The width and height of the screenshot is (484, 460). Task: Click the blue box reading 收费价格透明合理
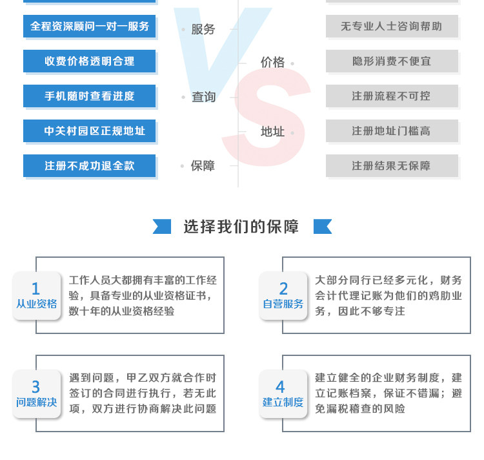[90, 61]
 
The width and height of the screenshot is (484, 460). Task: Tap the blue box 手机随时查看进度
[90, 96]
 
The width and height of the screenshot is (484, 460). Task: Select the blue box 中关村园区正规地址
[90, 131]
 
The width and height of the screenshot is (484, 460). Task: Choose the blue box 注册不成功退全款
[90, 166]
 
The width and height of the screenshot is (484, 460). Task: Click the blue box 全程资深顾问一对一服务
[90, 26]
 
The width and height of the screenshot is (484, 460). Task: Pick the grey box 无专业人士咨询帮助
[392, 26]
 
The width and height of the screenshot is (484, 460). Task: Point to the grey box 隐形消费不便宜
[392, 61]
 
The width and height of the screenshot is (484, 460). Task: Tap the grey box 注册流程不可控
[392, 96]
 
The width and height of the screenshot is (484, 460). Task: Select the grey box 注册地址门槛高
[392, 131]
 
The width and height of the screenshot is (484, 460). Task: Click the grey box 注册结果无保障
[392, 166]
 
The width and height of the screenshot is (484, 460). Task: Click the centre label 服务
[203, 29]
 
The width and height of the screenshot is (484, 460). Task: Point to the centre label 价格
[272, 62]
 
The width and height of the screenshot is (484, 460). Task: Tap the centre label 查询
[203, 97]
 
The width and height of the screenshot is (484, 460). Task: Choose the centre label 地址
[272, 132]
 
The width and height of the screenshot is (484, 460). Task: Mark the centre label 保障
[203, 166]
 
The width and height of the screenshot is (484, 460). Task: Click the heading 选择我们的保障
[241, 227]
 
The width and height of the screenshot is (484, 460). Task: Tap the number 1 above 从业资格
[35, 289]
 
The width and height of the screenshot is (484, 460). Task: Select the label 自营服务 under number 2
[283, 304]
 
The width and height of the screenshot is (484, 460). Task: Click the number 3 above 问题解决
[35, 387]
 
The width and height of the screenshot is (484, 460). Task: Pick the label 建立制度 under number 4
[283, 402]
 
